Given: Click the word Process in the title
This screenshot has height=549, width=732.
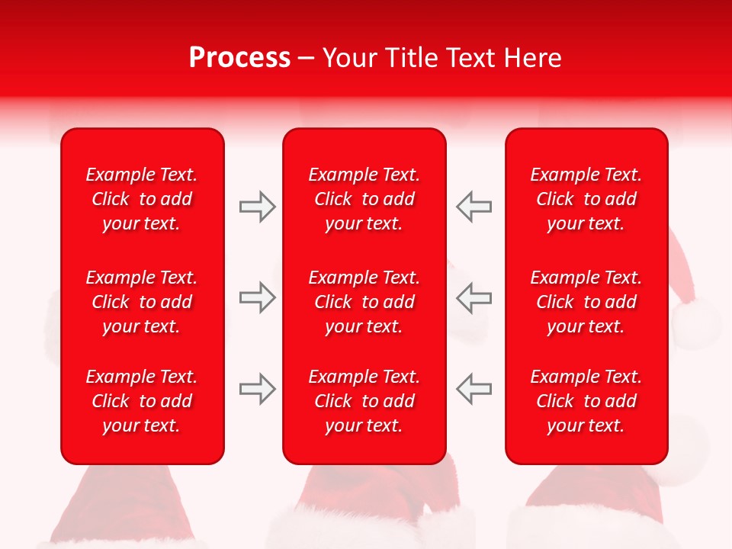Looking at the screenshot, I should [x=239, y=58].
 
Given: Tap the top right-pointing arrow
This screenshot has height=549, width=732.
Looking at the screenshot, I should [x=257, y=207].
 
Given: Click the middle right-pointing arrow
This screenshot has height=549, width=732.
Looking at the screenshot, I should [x=257, y=297].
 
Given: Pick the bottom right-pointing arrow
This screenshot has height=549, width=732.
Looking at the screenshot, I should [x=257, y=389].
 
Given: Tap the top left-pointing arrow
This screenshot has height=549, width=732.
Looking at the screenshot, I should [x=474, y=207].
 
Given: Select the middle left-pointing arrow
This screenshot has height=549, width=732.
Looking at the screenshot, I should [x=474, y=297].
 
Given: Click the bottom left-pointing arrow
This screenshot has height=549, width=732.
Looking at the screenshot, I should [x=474, y=389].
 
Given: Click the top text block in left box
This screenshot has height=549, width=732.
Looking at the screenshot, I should [x=142, y=199].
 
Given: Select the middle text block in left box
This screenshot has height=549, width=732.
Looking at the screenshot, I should [x=142, y=302].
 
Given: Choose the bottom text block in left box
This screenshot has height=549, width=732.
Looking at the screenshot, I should [x=142, y=401].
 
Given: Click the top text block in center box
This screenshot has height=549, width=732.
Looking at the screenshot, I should [x=364, y=199].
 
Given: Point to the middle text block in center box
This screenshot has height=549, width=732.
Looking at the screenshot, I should [x=364, y=302].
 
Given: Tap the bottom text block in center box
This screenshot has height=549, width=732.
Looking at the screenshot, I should [x=364, y=401].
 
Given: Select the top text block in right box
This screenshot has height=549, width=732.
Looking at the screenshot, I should [x=586, y=199].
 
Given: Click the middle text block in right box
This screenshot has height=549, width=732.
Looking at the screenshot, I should [x=586, y=302].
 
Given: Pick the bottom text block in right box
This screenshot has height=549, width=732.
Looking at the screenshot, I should [x=586, y=401].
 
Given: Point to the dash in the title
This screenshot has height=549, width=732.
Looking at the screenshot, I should [x=307, y=59].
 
